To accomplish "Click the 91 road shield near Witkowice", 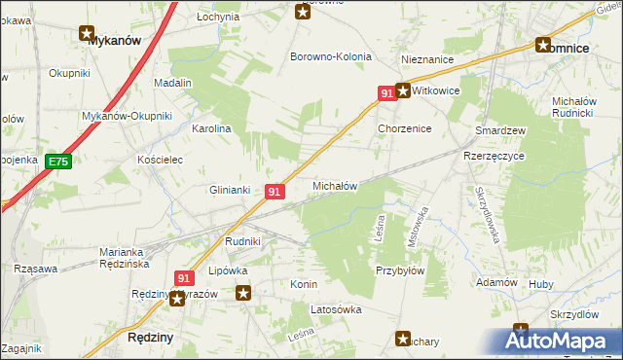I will coord(387,92).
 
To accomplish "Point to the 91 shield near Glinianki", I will coord(275,193).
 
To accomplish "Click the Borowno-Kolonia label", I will coord(331,56).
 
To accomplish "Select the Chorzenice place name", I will coord(404,128).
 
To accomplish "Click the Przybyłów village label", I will coord(400,271).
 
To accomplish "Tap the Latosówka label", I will coord(336,309).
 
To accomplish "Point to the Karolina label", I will coord(211,128).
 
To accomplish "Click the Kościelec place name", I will coord(161,159).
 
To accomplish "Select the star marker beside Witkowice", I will coord(403,90).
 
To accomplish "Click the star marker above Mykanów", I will coord(88,32).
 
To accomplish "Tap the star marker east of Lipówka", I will coord(243,291).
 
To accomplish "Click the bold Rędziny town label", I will coord(151,337).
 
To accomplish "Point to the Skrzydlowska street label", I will coord(488,213).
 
